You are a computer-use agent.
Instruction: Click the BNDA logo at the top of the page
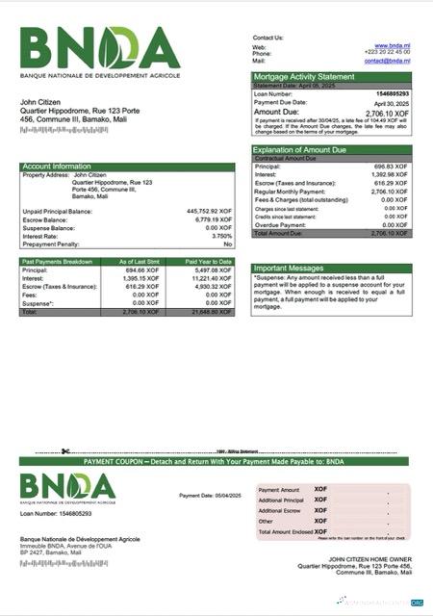click(100, 49)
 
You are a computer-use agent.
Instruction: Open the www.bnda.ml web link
click(393, 45)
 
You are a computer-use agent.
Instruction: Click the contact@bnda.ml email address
click(388, 61)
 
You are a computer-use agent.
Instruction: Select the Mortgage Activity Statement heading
click(303, 76)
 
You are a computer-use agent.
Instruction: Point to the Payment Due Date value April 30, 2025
click(392, 102)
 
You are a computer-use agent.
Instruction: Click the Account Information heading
click(57, 166)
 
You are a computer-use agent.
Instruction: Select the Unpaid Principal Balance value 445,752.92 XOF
click(209, 210)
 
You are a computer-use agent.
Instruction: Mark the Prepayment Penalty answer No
click(228, 244)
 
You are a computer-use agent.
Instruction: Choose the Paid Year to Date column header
click(209, 261)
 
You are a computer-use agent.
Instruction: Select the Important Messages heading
click(289, 268)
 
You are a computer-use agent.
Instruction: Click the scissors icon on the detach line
click(64, 451)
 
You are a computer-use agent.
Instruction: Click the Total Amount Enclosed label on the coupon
click(286, 531)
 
